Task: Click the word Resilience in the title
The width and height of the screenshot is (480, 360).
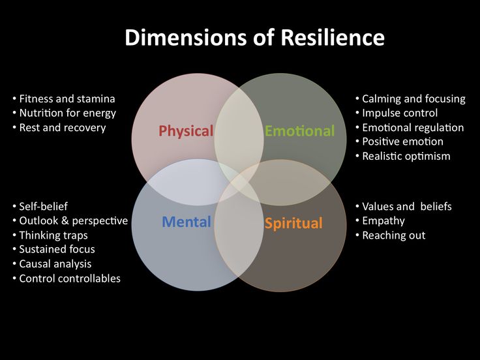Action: [x=333, y=37]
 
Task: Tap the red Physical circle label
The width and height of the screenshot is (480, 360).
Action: [x=186, y=131]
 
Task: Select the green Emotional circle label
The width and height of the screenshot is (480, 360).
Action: [x=300, y=131]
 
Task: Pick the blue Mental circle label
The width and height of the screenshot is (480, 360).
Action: [x=187, y=222]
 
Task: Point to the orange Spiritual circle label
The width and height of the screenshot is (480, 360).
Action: [x=293, y=224]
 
